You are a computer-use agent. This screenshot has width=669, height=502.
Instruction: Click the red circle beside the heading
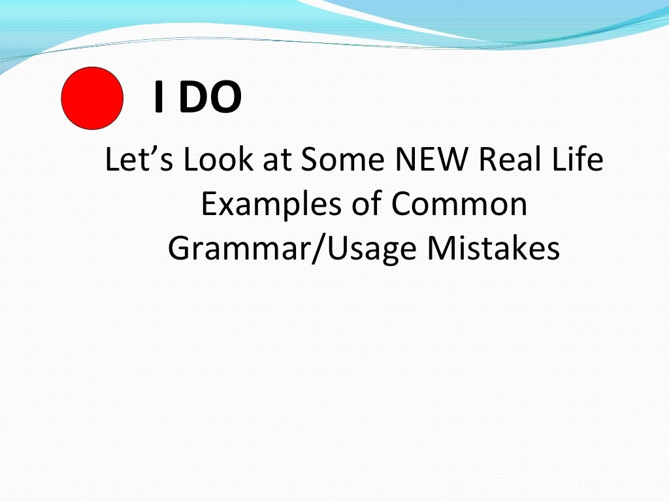pos(92,98)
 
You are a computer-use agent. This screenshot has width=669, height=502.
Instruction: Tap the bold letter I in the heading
pos(157,98)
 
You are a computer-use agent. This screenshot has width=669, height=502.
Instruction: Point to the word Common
pos(459,205)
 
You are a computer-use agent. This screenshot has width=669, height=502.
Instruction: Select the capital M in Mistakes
pos(442,248)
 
